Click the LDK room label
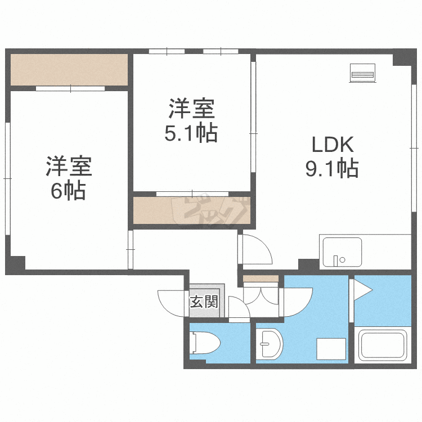[x=333, y=145]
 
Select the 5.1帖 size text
[x=191, y=133]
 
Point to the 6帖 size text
[x=68, y=191]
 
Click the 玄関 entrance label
[x=203, y=302]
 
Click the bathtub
[x=382, y=344]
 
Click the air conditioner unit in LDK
[x=362, y=73]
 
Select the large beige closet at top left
[x=69, y=70]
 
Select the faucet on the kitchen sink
[x=338, y=260]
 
